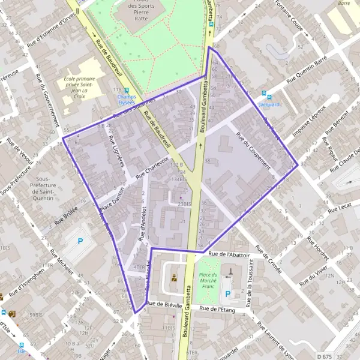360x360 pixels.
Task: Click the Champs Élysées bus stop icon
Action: click(x=127, y=90)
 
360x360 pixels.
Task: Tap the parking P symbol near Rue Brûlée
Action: click(x=81, y=242)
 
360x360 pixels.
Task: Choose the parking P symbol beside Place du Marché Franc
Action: click(x=227, y=294)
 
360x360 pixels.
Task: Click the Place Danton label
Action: click(x=112, y=200)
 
